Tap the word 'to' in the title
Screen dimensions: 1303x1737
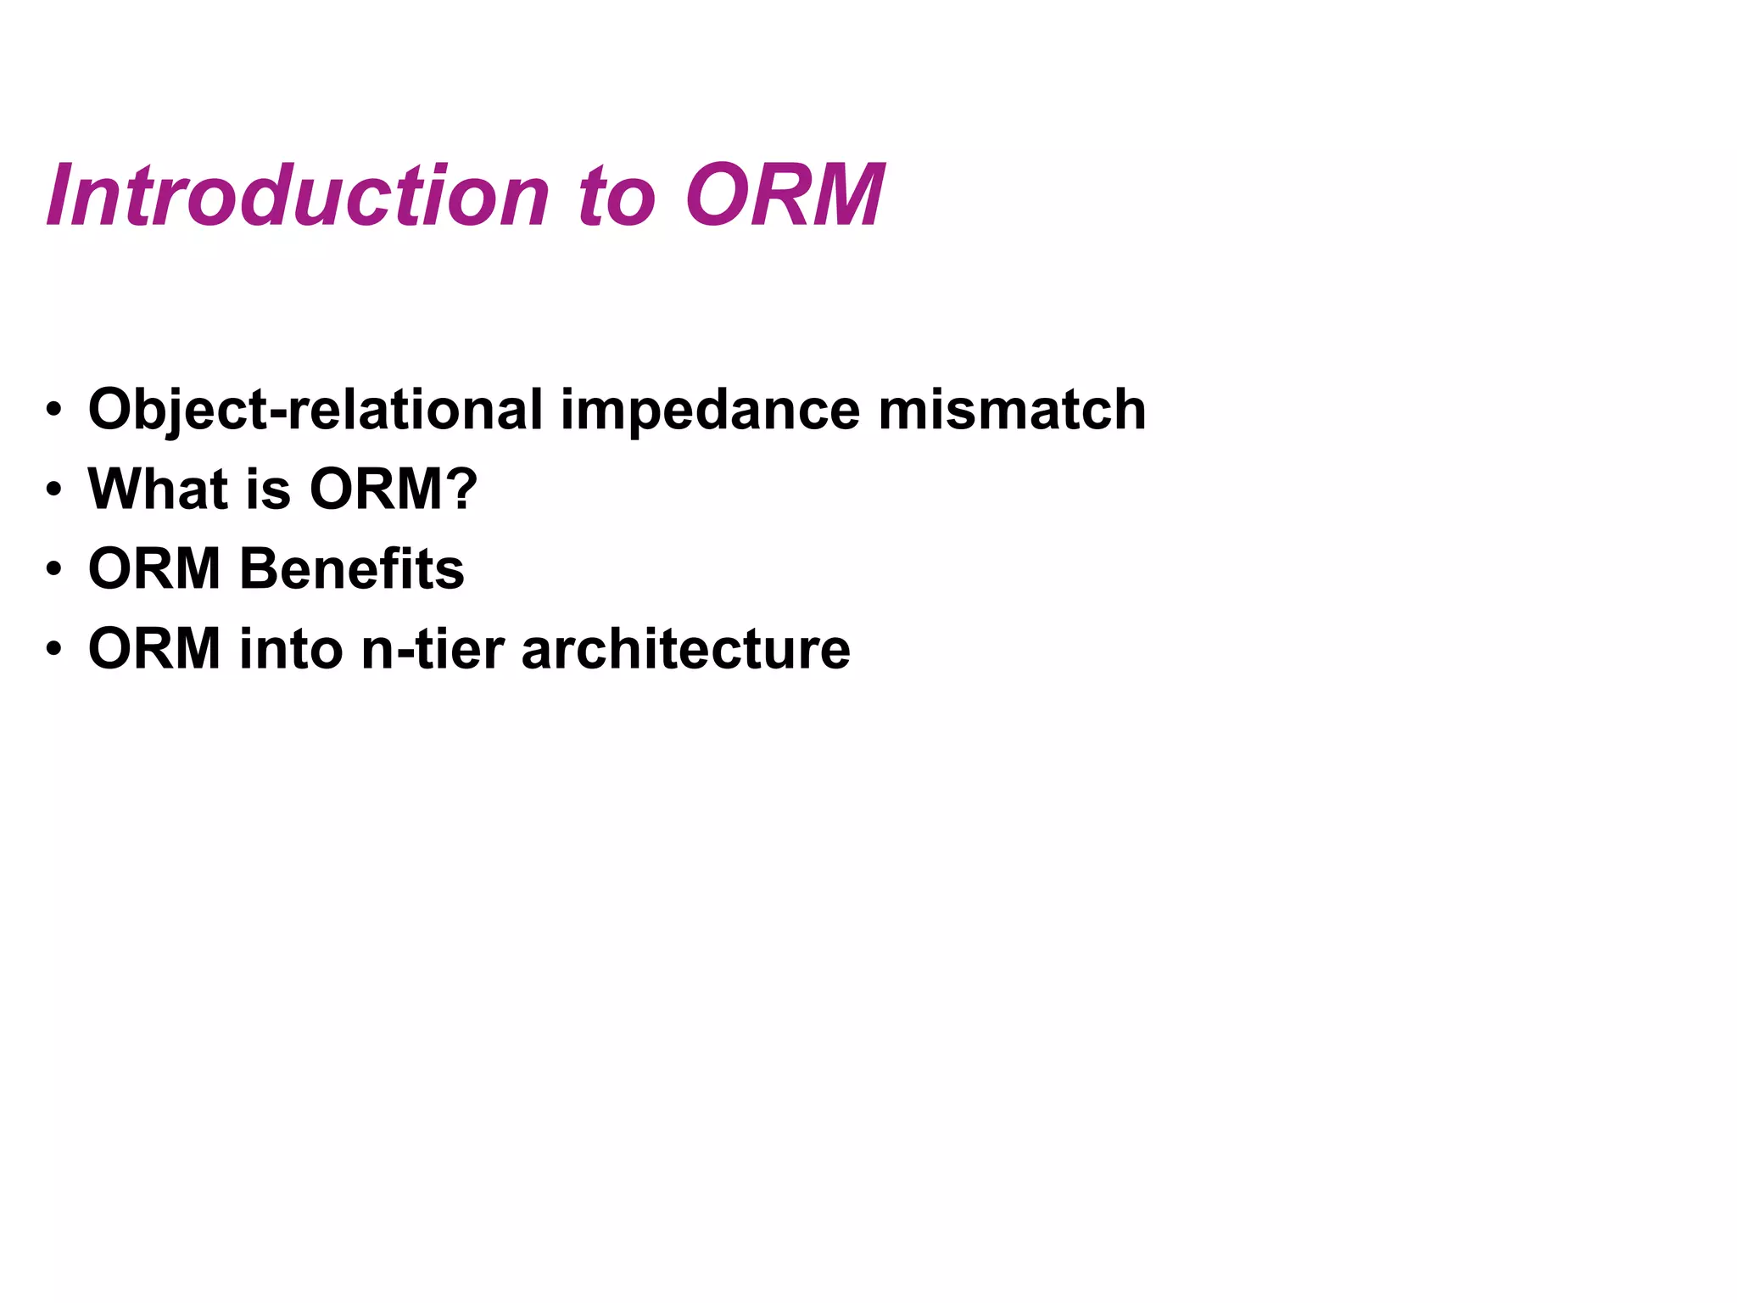pyautogui.click(x=617, y=198)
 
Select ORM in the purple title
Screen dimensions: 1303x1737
pyautogui.click(x=785, y=196)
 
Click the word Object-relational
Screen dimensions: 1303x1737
pyautogui.click(x=315, y=411)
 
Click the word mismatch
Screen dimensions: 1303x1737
pyautogui.click(x=1012, y=410)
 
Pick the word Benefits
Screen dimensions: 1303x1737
pyautogui.click(x=352, y=568)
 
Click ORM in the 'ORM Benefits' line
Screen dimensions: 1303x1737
pyautogui.click(x=154, y=568)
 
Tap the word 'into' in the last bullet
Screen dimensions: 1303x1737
pyautogui.click(x=290, y=649)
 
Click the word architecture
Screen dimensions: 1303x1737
pyautogui.click(x=685, y=649)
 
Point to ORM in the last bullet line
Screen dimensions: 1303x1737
pyautogui.click(x=154, y=649)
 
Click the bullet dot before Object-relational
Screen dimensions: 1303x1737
pyautogui.click(x=54, y=411)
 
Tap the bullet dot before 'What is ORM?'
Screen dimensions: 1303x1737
pyautogui.click(x=54, y=490)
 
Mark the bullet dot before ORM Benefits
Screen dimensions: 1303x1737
pyautogui.click(x=54, y=569)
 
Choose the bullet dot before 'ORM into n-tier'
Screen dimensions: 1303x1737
pyautogui.click(x=54, y=650)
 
